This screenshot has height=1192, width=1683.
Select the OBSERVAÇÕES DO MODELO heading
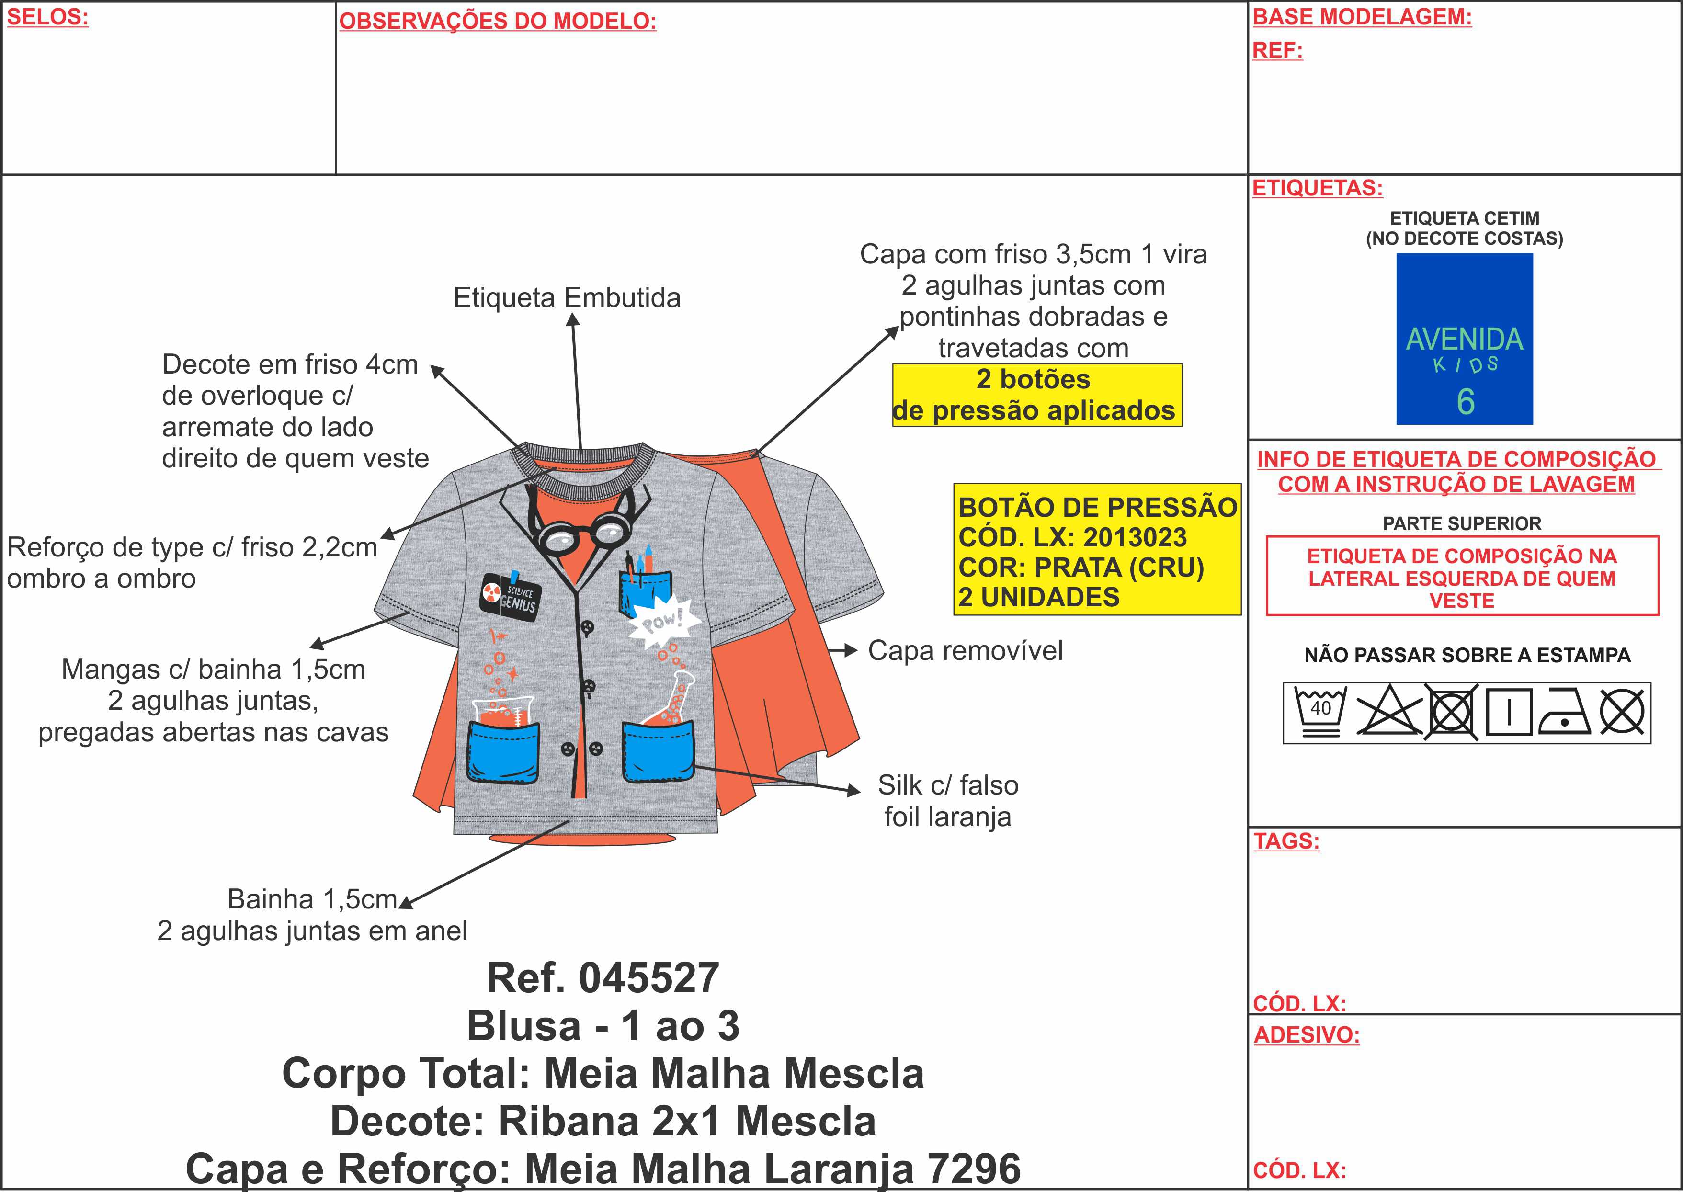pos(497,21)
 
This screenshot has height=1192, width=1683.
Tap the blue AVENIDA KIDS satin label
pos(1464,339)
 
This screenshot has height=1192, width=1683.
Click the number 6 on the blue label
pos(1465,401)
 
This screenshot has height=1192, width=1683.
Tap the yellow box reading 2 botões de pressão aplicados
pos(1036,395)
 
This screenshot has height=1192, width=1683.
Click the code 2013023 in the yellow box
pos(1135,538)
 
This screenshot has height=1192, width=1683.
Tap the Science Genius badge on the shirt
pos(510,597)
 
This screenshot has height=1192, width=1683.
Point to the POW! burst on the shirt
pos(661,623)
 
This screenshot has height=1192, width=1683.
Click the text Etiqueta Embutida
pos(567,298)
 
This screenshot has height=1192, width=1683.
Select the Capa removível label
pos(965,651)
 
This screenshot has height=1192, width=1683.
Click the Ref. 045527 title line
pos(603,978)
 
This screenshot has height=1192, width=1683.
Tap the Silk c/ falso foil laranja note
pos(947,801)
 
